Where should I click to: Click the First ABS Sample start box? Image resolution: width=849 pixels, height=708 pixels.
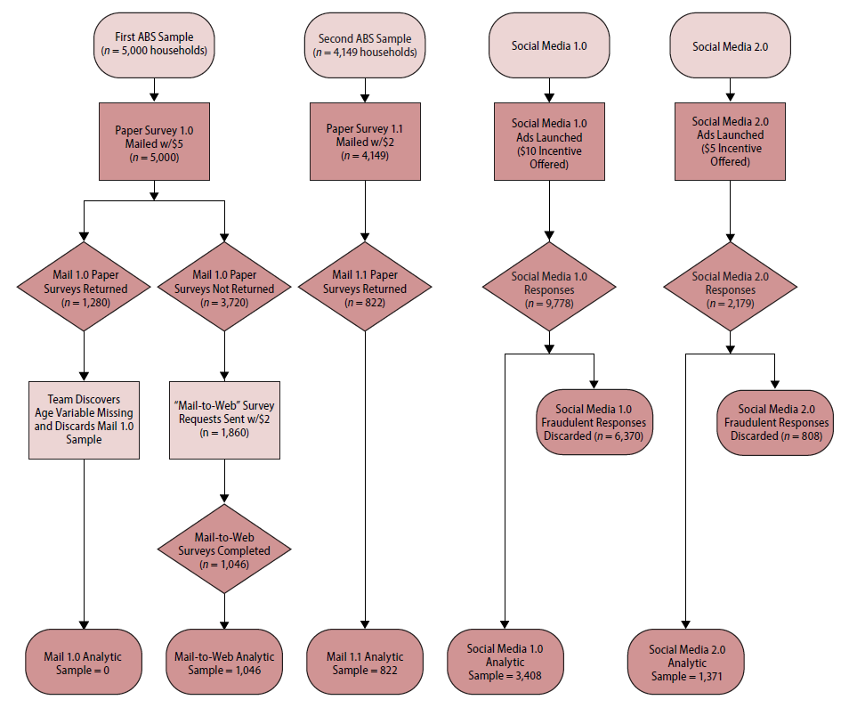point(155,43)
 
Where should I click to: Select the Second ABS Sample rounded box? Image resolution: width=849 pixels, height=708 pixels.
point(365,45)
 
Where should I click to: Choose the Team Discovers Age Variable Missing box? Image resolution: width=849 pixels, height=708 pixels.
point(85,420)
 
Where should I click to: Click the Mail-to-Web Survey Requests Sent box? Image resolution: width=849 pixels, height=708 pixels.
point(224,420)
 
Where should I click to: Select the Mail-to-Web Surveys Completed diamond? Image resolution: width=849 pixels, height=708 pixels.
point(224,551)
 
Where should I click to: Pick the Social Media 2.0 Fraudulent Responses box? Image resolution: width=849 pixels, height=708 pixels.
point(774,422)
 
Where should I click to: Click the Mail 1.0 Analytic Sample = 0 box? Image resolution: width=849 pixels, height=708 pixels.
point(84,663)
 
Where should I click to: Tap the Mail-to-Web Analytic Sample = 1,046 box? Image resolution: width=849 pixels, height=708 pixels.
point(224,663)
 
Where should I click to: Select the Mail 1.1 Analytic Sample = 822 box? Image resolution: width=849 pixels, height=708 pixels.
point(365,663)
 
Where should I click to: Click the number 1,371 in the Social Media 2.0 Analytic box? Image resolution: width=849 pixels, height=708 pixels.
point(704,677)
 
